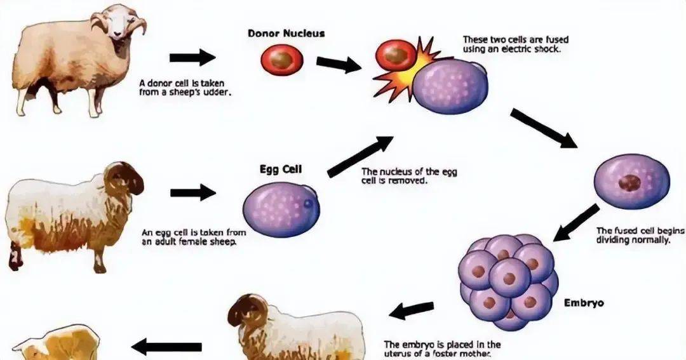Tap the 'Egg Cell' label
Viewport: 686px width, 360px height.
point(281,170)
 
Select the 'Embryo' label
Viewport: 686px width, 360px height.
point(584,303)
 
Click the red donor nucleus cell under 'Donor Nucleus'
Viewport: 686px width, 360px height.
point(282,61)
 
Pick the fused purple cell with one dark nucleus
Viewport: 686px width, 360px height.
point(631,181)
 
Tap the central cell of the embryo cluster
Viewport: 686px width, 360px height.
point(509,276)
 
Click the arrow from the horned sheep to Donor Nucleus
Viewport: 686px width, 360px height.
point(192,58)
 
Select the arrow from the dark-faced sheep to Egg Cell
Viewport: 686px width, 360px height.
point(193,191)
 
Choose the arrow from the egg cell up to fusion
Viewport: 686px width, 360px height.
point(360,156)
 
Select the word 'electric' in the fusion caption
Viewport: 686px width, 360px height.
point(514,48)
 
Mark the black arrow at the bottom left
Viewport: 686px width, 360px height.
point(166,347)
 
